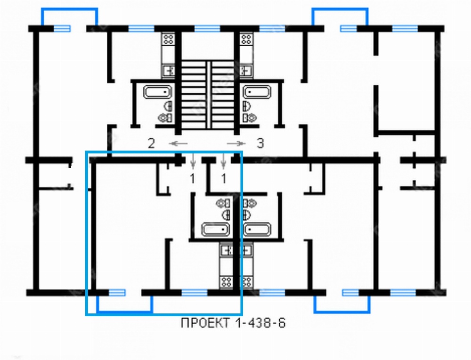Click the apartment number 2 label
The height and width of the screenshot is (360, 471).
[x=151, y=144]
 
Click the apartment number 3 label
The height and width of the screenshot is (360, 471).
[x=260, y=144]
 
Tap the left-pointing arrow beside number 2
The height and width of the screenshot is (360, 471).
[x=178, y=144]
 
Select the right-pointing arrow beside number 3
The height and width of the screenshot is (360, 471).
[x=236, y=144]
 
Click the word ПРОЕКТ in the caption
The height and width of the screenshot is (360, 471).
[x=205, y=323]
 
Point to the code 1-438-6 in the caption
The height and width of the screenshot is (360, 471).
[x=260, y=323]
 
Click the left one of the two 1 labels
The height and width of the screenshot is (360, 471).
[x=193, y=179]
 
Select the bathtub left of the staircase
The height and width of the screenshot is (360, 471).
[x=158, y=92]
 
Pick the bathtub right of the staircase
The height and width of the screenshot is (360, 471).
[x=257, y=92]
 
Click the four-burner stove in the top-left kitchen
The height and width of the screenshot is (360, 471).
[x=168, y=39]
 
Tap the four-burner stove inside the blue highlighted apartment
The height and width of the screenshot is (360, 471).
[x=226, y=282]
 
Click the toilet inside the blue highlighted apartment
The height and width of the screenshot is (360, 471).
[x=223, y=203]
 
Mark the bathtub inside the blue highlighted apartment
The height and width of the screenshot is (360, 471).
[x=215, y=230]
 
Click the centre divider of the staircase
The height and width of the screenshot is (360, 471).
[x=208, y=95]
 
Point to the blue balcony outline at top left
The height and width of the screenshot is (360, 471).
[x=69, y=9]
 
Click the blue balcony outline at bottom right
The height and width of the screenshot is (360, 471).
[x=342, y=312]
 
